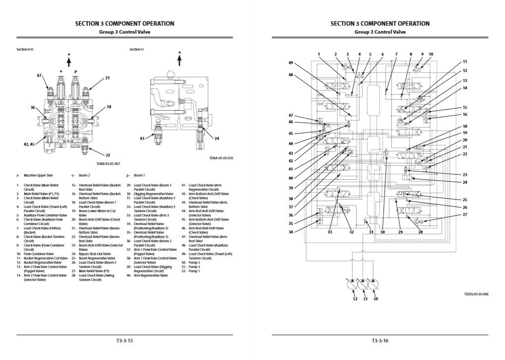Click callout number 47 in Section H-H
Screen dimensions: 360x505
coord(39,75)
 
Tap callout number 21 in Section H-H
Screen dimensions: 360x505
coord(107,78)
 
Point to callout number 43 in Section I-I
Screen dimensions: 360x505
coord(142,139)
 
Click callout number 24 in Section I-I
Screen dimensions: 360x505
coord(217,139)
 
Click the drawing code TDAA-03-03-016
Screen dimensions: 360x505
coord(221,158)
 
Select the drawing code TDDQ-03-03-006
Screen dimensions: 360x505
coord(476,294)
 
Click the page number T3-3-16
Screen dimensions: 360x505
coord(380,341)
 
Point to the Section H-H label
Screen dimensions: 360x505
coord(25,50)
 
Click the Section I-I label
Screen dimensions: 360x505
coord(136,50)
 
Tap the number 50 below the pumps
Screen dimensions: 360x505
coord(375,299)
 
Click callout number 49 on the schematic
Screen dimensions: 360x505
coord(291,63)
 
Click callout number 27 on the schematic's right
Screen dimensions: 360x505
coord(465,215)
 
